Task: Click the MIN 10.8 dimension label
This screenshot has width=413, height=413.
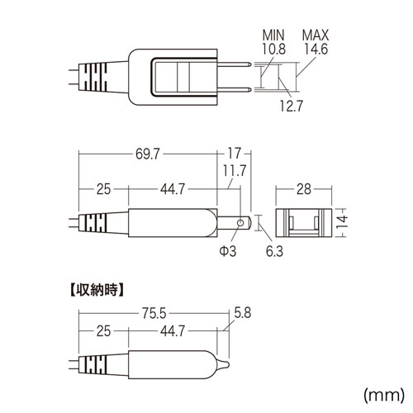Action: tap(273, 42)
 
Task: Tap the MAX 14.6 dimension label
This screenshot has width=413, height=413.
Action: tap(316, 42)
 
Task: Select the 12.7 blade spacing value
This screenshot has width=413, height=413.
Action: tap(292, 106)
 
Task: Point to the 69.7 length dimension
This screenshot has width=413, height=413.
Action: tap(148, 154)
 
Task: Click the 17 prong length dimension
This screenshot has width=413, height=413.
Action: tap(235, 153)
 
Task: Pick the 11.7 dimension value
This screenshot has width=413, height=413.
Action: tap(235, 171)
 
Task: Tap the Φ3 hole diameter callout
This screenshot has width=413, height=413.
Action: tap(228, 251)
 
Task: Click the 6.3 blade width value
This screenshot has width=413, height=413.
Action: tap(274, 251)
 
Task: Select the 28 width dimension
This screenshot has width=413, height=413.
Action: tap(304, 189)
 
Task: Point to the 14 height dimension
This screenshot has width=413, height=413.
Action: tap(342, 222)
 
